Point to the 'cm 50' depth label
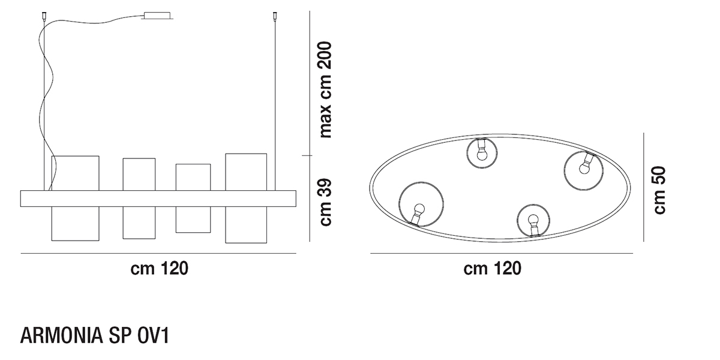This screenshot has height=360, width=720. tap(659, 190)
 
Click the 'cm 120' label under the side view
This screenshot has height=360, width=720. tap(159, 268)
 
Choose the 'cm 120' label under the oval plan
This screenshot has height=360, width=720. tap(492, 268)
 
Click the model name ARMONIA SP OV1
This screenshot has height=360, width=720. tap(95, 336)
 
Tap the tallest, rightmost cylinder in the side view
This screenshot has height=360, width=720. tap(246, 199)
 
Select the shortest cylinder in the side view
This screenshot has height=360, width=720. tap(193, 199)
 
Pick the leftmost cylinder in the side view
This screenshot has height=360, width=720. tap(75, 199)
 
